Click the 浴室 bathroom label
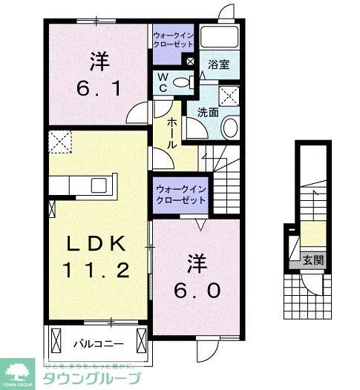pyautogui.click(x=218, y=64)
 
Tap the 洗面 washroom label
pyautogui.click(x=208, y=113)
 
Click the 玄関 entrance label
pyautogui.click(x=312, y=260)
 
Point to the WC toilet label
pyautogui.click(x=161, y=82)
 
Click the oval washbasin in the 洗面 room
pyautogui.click(x=230, y=128)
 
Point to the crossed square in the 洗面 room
pyautogui.click(x=230, y=95)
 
